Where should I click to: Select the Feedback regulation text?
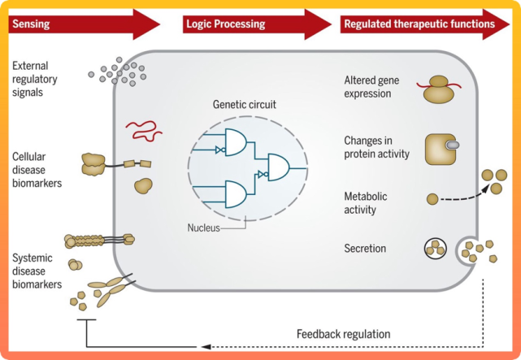pyautogui.click(x=344, y=334)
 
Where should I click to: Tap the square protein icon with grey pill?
pyautogui.click(x=442, y=148)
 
